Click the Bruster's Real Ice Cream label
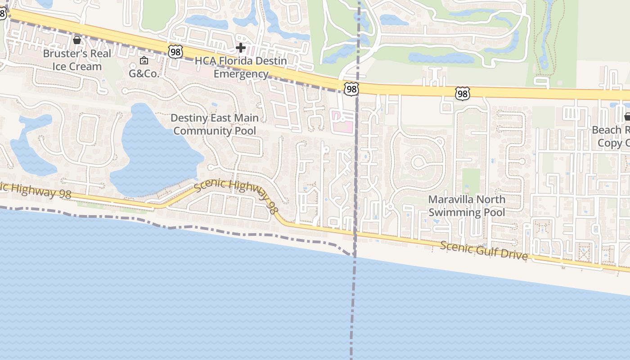click(x=77, y=60)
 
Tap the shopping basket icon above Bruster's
click(x=77, y=40)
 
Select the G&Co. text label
click(x=144, y=73)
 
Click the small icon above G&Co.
click(x=144, y=60)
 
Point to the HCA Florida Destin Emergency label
click(x=241, y=67)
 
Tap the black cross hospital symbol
click(x=241, y=47)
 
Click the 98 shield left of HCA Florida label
click(x=175, y=51)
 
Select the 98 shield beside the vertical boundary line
click(x=351, y=89)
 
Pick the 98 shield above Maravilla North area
click(x=462, y=93)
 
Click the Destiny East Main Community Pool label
click(x=215, y=124)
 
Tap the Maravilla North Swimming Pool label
click(x=467, y=206)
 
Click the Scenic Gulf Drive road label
click(x=484, y=250)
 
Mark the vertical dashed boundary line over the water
click(x=353, y=310)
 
